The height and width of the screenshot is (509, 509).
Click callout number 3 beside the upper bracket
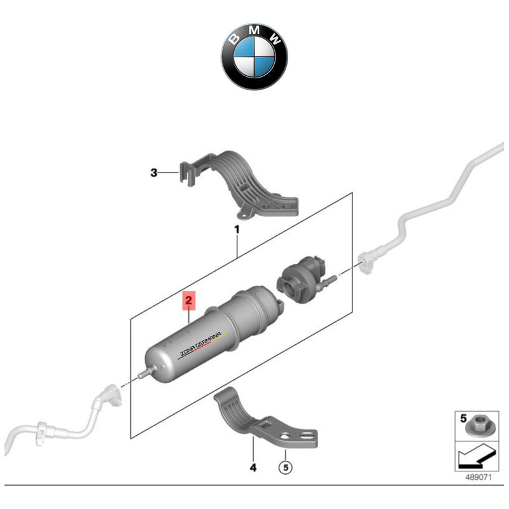[x=153, y=172]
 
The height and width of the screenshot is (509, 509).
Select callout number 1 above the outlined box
[x=236, y=228]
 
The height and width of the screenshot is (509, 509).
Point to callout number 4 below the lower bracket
[x=253, y=468]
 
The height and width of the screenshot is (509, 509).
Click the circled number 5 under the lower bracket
[x=286, y=468]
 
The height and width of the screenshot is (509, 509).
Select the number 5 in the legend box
[x=464, y=418]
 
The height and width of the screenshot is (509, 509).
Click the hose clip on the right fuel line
[x=368, y=260]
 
